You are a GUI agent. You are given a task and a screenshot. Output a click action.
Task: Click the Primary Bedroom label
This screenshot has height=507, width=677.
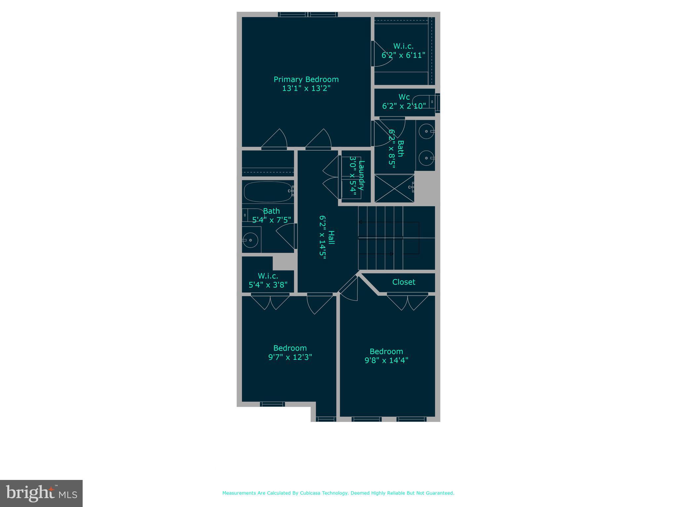coord(306,80)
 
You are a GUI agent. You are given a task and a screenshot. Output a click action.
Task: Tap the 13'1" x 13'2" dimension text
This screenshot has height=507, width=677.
coord(306,88)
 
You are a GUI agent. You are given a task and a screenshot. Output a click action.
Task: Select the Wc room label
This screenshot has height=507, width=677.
coord(404,97)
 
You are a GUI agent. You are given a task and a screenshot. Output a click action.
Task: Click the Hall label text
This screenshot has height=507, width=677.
coord(331,238)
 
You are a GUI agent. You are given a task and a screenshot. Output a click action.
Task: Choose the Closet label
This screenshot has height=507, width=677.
coord(404,282)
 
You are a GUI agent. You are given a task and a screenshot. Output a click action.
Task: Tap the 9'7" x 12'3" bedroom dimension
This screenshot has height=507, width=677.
coord(290,357)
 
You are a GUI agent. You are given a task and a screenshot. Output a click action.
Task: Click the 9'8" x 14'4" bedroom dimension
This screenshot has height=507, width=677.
coord(386,360)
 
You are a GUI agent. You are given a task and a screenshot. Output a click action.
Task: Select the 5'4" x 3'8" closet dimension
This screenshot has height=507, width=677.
coord(268,285)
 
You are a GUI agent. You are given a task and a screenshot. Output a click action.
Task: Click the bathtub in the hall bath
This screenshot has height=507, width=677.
coord(268,191)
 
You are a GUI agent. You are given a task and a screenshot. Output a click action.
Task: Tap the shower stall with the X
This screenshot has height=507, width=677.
coord(394,188)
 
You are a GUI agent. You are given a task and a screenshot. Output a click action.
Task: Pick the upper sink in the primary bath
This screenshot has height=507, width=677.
coord(426,131)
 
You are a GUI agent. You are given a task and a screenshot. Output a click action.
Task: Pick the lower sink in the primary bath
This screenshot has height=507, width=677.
coord(426,158)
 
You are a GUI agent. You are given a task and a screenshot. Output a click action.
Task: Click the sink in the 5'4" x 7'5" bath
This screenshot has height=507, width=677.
coord(250,240)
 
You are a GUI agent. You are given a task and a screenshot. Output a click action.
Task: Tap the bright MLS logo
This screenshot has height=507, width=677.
coord(41,493)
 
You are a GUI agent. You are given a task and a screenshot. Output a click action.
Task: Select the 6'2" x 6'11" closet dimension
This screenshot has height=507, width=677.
coord(403,55)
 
